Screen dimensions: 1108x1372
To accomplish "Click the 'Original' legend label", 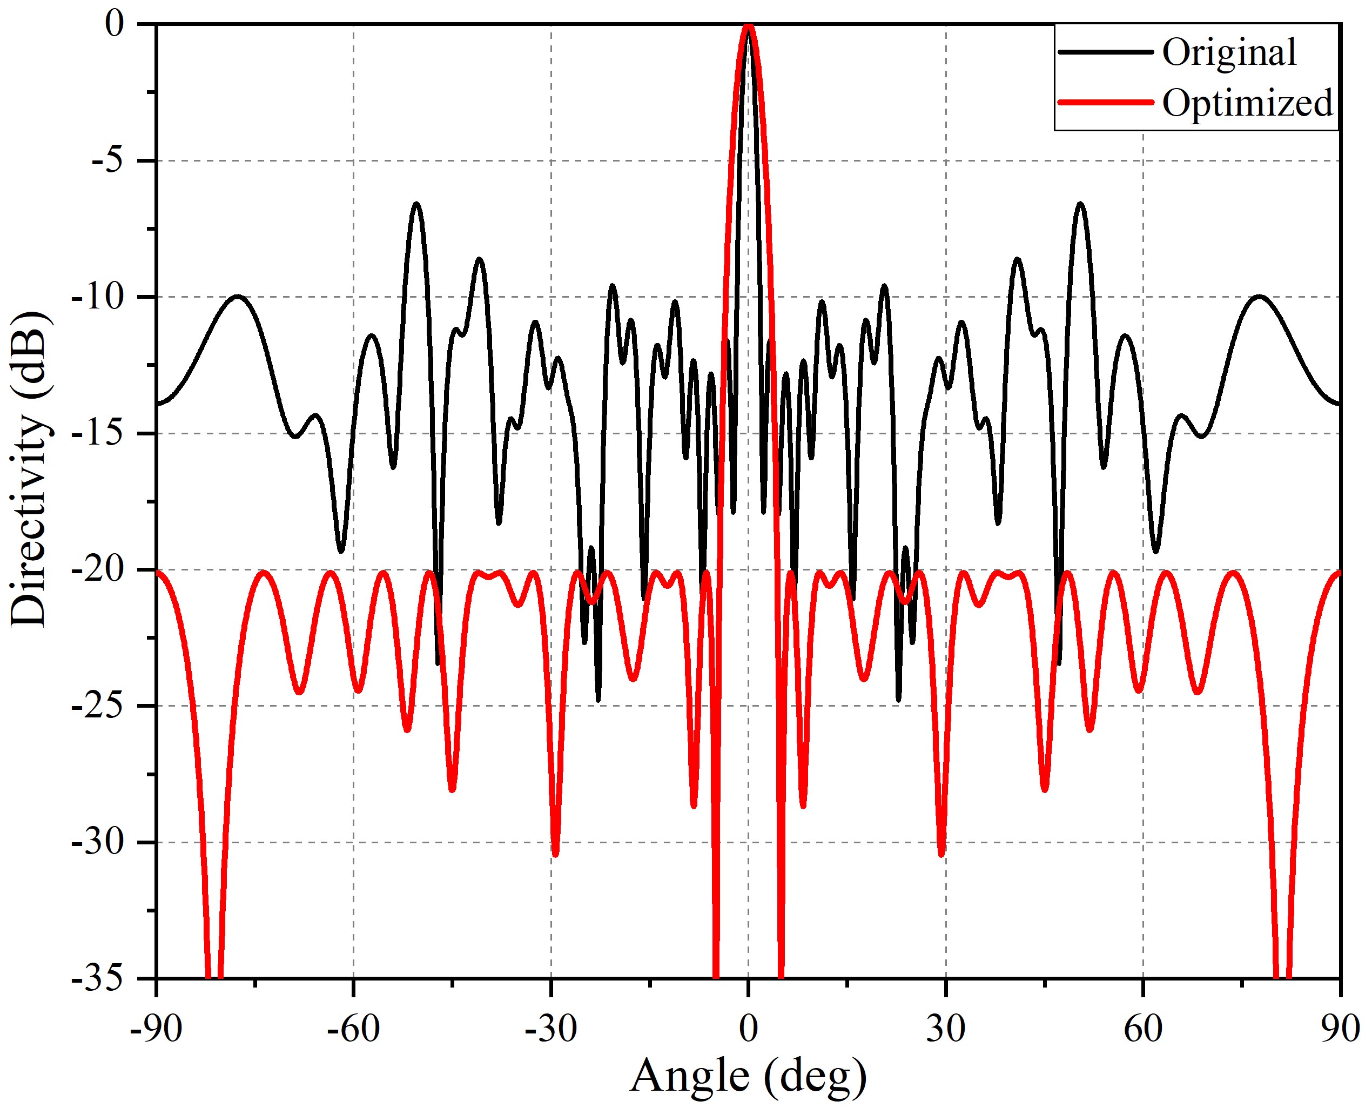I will point(1229,52).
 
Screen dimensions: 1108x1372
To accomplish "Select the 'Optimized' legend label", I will point(1248,103).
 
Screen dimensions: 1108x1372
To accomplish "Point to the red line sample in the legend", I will point(1105,103).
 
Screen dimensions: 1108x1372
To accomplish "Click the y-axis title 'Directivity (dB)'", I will point(29,469).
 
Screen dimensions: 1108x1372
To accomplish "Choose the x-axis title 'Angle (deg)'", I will point(748,1076).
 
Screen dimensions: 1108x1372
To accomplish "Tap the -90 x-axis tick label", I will point(156,1029).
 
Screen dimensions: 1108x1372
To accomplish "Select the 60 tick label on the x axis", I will point(1143,1029).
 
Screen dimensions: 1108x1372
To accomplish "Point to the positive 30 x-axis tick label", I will point(946,1029).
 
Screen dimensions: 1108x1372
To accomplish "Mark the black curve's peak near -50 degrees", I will point(416,204).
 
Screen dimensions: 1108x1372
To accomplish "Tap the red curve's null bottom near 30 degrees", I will point(942,854).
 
